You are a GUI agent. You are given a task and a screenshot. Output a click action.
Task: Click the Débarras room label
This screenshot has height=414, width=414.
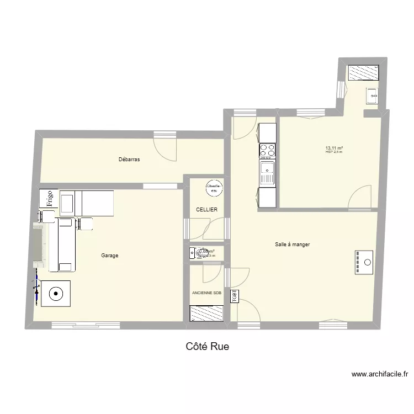coord(129,160)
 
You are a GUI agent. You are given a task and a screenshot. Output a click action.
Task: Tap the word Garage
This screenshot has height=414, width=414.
coord(109,256)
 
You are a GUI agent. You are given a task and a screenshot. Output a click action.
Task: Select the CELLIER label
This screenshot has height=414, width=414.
coord(206,210)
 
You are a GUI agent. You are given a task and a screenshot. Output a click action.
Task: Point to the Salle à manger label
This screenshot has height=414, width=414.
coord(292,245)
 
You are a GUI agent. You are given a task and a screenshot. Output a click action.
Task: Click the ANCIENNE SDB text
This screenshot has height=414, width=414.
coord(206,293)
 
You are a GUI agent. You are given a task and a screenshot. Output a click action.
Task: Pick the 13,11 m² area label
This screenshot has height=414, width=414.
coord(335,148)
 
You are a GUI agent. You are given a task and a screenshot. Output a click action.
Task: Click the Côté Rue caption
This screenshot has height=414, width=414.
coord(207,347)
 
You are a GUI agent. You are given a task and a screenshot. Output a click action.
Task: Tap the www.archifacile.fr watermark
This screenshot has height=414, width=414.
coord(380,375)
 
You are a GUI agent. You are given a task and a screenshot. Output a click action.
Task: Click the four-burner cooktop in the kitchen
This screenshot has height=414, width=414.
coord(267,151)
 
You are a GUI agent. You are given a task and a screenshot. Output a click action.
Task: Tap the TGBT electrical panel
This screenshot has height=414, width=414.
coord(233,296)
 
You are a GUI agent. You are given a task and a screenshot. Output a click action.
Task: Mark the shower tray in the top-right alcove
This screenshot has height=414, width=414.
coord(363,72)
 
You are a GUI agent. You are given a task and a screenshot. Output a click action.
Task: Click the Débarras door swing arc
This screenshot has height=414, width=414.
coord(163,150)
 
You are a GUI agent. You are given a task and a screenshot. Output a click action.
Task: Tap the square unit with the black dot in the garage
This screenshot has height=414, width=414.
coord(55,293)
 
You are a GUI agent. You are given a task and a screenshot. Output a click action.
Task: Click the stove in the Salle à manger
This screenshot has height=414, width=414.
coord(364,262)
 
